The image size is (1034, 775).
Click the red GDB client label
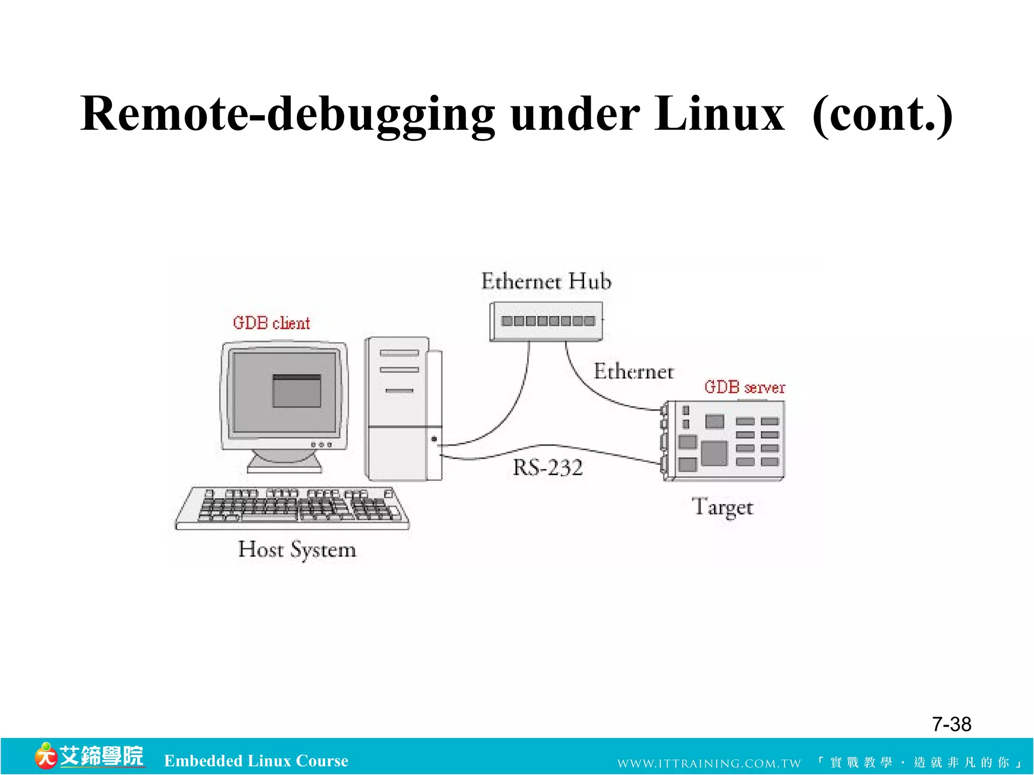click(271, 323)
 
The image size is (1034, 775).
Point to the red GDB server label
click(745, 387)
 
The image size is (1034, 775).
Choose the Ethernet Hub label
click(546, 282)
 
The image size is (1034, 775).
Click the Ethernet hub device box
click(546, 321)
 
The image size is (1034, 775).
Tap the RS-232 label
click(548, 468)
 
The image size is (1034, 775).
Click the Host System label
click(297, 549)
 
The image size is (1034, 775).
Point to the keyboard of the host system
click(293, 508)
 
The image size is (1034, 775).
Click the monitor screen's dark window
click(296, 391)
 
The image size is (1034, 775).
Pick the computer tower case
click(402, 409)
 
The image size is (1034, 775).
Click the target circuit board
click(725, 440)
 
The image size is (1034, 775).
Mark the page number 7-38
click(951, 725)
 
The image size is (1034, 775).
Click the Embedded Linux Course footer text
click(256, 761)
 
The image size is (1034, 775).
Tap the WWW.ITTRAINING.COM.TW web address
click(709, 763)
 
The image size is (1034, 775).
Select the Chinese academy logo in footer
click(89, 756)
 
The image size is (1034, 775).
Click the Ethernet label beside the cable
click(634, 372)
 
